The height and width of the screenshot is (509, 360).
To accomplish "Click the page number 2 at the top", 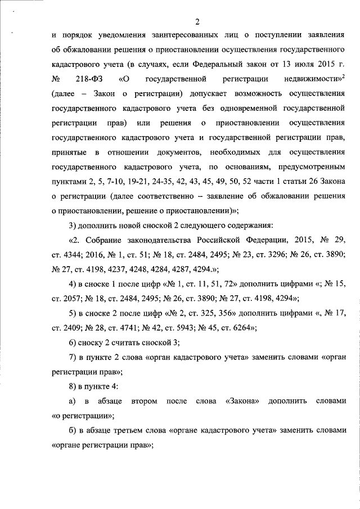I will [197, 22].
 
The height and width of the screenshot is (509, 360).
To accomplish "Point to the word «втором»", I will [143, 401].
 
